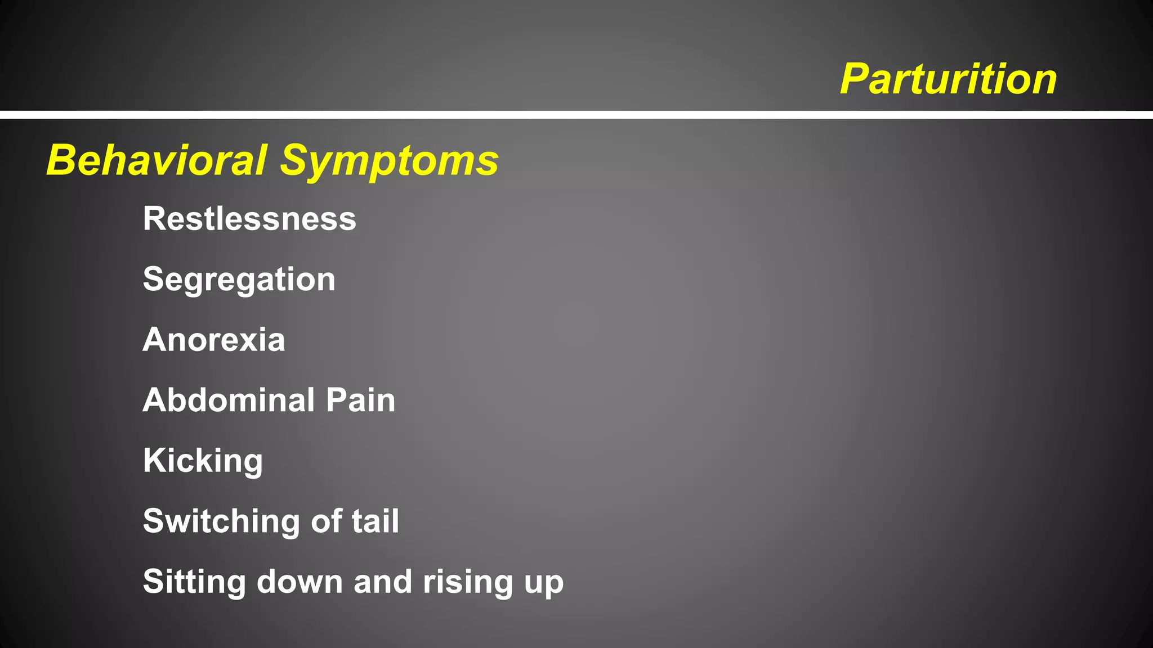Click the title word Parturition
[948, 79]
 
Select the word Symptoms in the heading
[389, 161]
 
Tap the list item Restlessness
[249, 219]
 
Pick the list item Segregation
[239, 280]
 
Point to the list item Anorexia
[214, 340]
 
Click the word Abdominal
[229, 400]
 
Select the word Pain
[360, 400]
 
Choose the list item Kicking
[203, 461]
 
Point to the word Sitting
[194, 582]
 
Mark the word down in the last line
[300, 582]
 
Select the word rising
[468, 582]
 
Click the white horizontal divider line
[576, 115]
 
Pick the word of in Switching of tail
[327, 521]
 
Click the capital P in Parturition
[855, 79]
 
